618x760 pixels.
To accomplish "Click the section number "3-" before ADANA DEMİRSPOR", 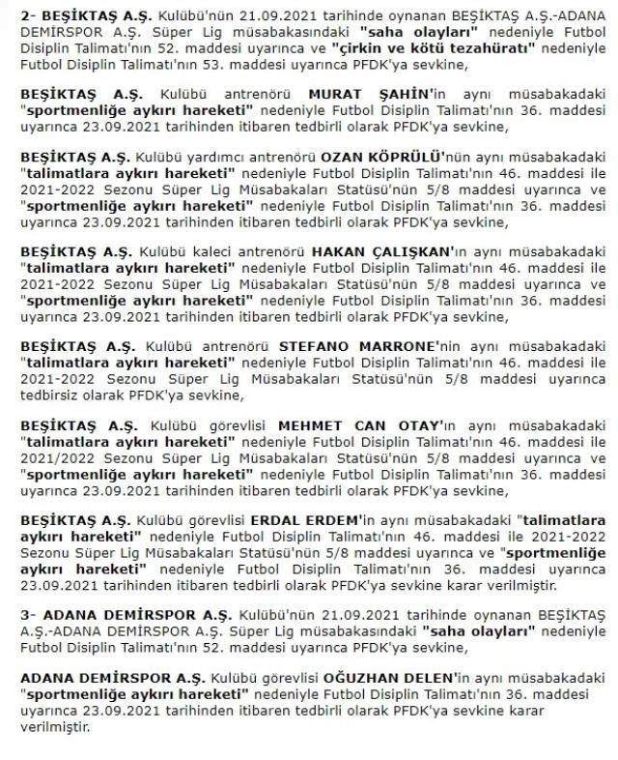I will click(x=27, y=615).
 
